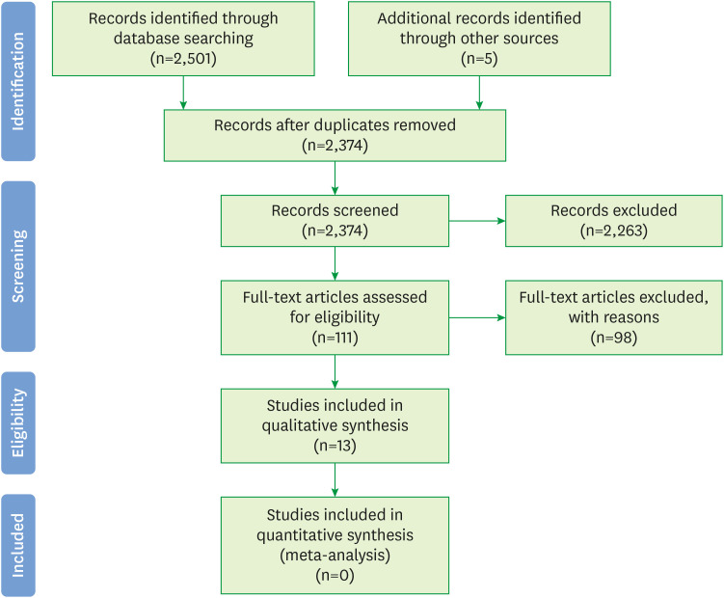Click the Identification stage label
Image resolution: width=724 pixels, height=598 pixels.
pyautogui.click(x=17, y=81)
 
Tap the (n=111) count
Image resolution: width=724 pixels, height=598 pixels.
pyautogui.click(x=335, y=340)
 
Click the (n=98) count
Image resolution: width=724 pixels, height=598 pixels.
pyautogui.click(x=614, y=340)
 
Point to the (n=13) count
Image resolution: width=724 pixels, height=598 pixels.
pyautogui.click(x=335, y=448)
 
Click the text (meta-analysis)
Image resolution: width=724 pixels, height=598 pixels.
pyautogui.click(x=335, y=555)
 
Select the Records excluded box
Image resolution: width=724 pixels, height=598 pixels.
pyautogui.click(x=614, y=220)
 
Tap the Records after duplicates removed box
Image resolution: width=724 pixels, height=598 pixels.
pyautogui.click(x=335, y=135)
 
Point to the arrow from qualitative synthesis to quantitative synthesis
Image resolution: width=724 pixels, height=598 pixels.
pyautogui.click(x=335, y=479)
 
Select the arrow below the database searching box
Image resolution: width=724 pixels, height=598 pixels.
pyautogui.click(x=183, y=91)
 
